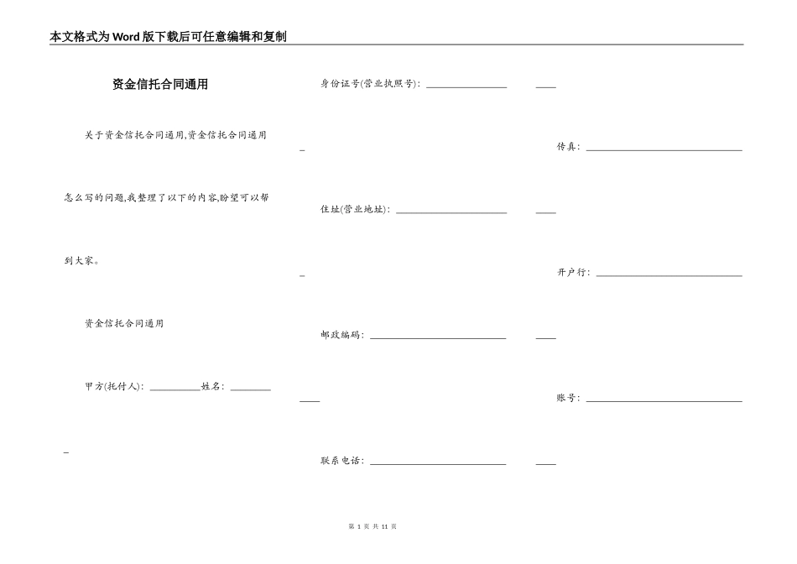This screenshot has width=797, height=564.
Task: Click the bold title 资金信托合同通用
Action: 159,84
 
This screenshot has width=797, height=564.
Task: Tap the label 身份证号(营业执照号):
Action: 371,84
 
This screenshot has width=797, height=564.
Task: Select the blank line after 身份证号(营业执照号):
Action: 466,86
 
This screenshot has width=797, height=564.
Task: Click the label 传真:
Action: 568,147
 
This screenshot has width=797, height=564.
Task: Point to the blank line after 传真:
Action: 664,149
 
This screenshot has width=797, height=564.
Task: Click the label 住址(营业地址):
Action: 356,210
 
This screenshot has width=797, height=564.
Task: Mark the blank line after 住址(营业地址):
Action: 451,212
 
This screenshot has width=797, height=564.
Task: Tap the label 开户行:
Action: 573,273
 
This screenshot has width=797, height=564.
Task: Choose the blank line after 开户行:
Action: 669,275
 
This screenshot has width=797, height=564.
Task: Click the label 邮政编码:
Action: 342,335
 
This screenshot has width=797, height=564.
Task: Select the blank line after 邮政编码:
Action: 438,337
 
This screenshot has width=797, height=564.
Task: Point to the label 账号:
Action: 568,398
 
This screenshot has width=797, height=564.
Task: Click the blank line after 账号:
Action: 664,400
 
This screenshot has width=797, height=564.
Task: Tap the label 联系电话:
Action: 342,461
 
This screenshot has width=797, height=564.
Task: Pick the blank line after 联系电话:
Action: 438,463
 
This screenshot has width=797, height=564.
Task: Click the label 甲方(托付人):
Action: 115,387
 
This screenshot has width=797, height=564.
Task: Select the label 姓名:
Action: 213,387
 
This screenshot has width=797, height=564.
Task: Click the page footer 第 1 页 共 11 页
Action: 372,526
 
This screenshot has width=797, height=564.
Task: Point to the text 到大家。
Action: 82,261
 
